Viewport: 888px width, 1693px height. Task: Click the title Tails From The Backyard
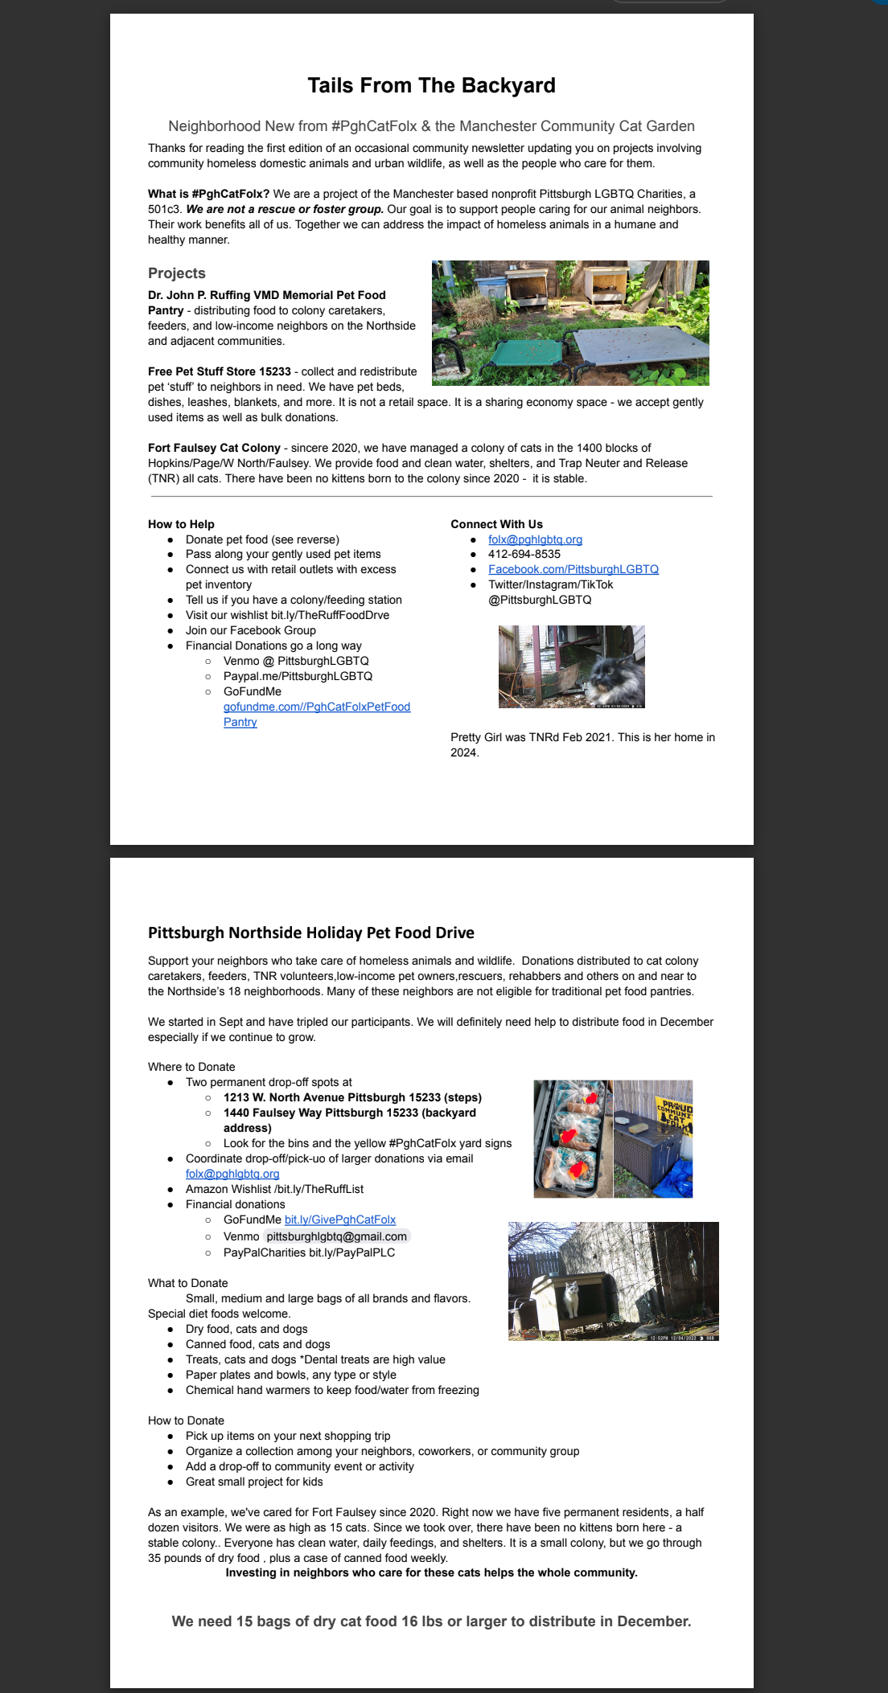click(x=431, y=86)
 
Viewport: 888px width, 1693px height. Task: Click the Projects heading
click(x=177, y=273)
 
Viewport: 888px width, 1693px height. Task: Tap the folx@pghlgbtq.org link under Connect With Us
click(x=535, y=539)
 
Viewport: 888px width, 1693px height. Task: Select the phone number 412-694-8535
click(x=524, y=555)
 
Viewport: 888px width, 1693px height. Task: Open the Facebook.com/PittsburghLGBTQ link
click(x=573, y=569)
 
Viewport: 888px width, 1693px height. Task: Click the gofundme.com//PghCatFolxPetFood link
click(x=317, y=707)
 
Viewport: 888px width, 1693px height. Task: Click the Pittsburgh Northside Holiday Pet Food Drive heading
click(x=311, y=933)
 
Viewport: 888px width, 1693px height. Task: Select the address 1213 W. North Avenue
click(x=352, y=1097)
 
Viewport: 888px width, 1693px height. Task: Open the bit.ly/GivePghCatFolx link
click(x=340, y=1220)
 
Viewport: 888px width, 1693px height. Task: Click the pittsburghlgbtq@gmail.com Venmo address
click(x=336, y=1236)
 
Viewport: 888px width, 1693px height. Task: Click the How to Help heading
click(x=181, y=524)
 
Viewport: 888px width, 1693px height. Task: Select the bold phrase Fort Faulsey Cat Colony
click(x=214, y=448)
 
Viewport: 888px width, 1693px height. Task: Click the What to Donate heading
click(x=188, y=1283)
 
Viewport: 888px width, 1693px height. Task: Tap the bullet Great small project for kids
click(x=254, y=1482)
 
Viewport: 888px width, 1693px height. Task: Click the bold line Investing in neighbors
click(x=431, y=1572)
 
